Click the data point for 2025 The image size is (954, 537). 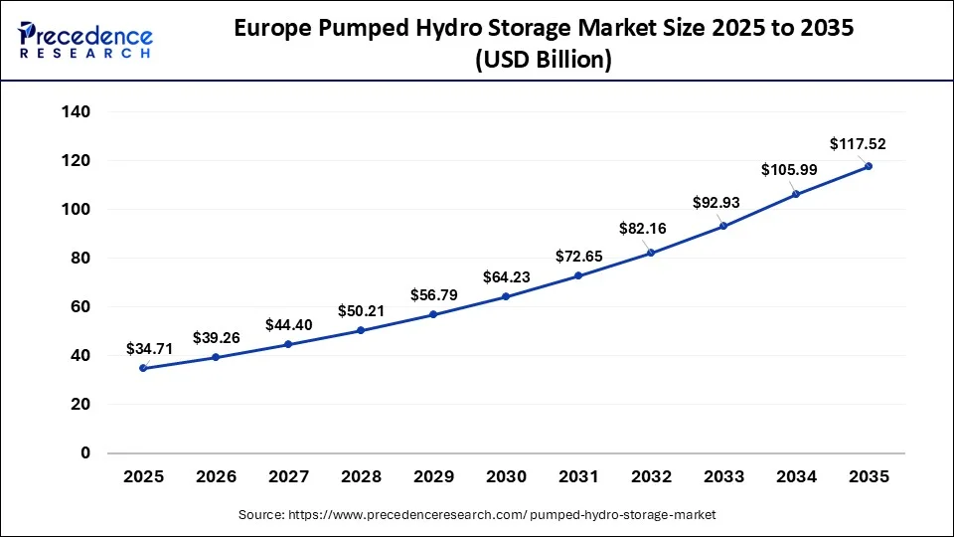pos(143,368)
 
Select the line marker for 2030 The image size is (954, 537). pos(506,296)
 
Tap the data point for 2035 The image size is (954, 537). pos(869,166)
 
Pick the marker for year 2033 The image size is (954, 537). pos(723,226)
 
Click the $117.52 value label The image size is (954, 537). pos(859,144)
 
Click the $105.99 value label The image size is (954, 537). pos(789,170)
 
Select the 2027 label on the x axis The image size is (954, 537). pos(288,477)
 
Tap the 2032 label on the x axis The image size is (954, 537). pos(651,477)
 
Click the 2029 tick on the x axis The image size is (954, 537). pos(433,477)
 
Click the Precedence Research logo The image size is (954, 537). pos(85,40)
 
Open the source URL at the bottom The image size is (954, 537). pos(477,515)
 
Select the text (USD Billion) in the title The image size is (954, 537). pos(543,60)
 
